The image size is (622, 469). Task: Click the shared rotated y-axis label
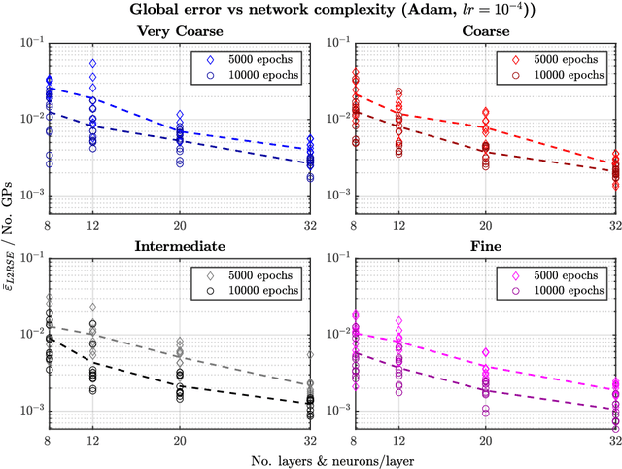click(x=12, y=234)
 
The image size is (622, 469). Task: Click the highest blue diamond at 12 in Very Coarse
click(x=92, y=63)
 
